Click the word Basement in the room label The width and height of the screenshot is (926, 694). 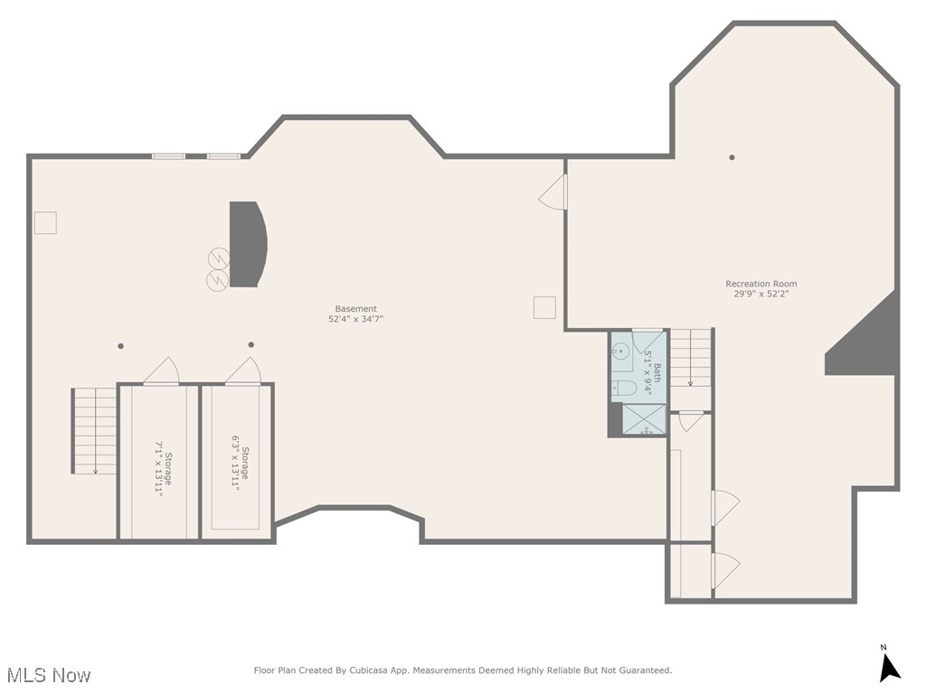[355, 308]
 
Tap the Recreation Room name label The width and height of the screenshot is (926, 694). [761, 284]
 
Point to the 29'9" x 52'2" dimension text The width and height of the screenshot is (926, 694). [761, 294]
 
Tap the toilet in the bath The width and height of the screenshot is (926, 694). [624, 389]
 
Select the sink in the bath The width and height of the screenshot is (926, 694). [621, 354]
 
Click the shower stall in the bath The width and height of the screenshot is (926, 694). [646, 420]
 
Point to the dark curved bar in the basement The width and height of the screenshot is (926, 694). [247, 244]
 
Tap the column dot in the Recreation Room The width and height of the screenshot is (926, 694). [732, 157]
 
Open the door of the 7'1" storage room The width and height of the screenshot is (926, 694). [162, 371]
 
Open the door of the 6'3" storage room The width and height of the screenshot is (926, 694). [243, 370]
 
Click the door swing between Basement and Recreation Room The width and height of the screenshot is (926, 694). [553, 192]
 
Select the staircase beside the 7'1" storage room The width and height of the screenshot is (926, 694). [95, 431]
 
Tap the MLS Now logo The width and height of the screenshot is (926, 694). [48, 675]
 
